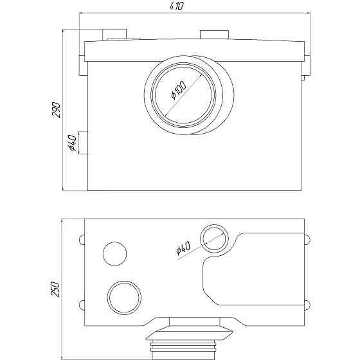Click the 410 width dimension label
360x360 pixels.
click(x=177, y=6)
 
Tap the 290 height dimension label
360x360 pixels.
click(x=57, y=110)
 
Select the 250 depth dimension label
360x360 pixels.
click(x=55, y=289)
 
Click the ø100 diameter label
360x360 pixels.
click(x=179, y=90)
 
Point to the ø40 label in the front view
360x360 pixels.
click(x=72, y=143)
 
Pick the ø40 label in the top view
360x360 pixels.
click(x=183, y=248)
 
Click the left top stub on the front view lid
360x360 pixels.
click(x=114, y=35)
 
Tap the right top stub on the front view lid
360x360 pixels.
click(x=215, y=35)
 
